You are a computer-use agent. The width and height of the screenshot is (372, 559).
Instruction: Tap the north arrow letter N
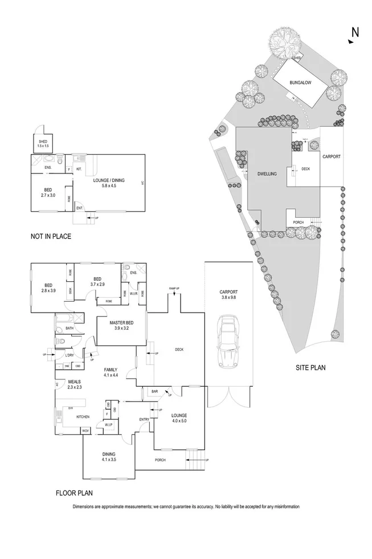pos(355,33)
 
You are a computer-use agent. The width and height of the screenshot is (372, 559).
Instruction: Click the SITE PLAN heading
pos(310,368)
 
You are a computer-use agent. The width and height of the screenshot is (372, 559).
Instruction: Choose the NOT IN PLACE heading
pos(51,236)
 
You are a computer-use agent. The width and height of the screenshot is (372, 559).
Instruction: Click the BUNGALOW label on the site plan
pos(299,83)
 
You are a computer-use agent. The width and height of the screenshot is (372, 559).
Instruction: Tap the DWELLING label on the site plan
pos(267,174)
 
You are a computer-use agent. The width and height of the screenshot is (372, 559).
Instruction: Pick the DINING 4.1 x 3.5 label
pos(108,456)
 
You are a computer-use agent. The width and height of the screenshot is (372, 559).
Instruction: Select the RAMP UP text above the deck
pos(173,289)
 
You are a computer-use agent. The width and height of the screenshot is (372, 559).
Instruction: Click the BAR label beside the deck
pos(154,391)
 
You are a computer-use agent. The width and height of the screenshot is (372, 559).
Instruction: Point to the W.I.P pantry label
pos(108,425)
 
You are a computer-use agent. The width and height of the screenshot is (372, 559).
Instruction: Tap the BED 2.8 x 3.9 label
pos(48,288)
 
